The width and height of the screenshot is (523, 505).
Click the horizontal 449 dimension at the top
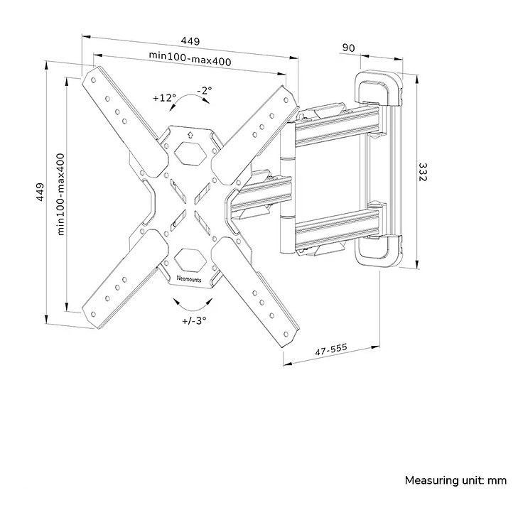(190, 40)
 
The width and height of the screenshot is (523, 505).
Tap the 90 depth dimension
(348, 48)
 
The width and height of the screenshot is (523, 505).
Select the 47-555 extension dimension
(331, 349)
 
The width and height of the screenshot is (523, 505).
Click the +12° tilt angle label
(164, 98)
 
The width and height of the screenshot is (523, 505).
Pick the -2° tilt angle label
(204, 90)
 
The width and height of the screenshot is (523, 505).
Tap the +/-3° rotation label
(193, 320)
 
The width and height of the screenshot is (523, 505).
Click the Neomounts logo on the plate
(188, 279)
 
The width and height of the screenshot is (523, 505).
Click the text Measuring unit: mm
(455, 481)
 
